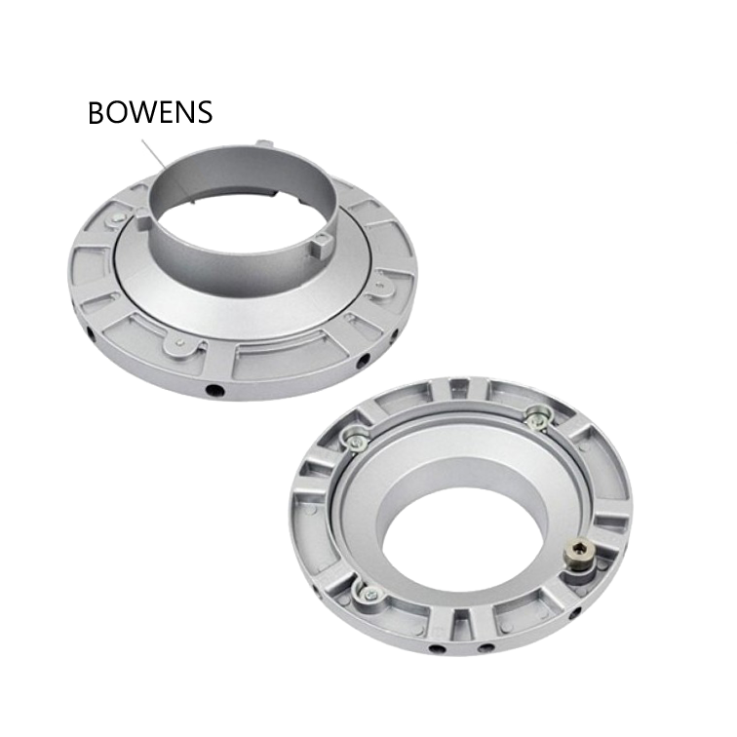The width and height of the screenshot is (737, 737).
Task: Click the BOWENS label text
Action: coord(150,112)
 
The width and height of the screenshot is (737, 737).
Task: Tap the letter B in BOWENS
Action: coord(97,113)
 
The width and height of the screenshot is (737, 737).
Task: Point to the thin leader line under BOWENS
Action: coord(153,154)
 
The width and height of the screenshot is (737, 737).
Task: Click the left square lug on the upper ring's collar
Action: coord(144,216)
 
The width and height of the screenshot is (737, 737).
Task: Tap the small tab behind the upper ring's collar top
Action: coord(264,142)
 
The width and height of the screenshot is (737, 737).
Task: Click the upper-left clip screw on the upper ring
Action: coord(115,217)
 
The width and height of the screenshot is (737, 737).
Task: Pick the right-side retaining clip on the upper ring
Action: coord(382,288)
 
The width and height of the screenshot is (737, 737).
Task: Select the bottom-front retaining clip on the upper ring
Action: coord(182,343)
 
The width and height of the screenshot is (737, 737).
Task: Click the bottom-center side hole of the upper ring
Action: coord(214,390)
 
